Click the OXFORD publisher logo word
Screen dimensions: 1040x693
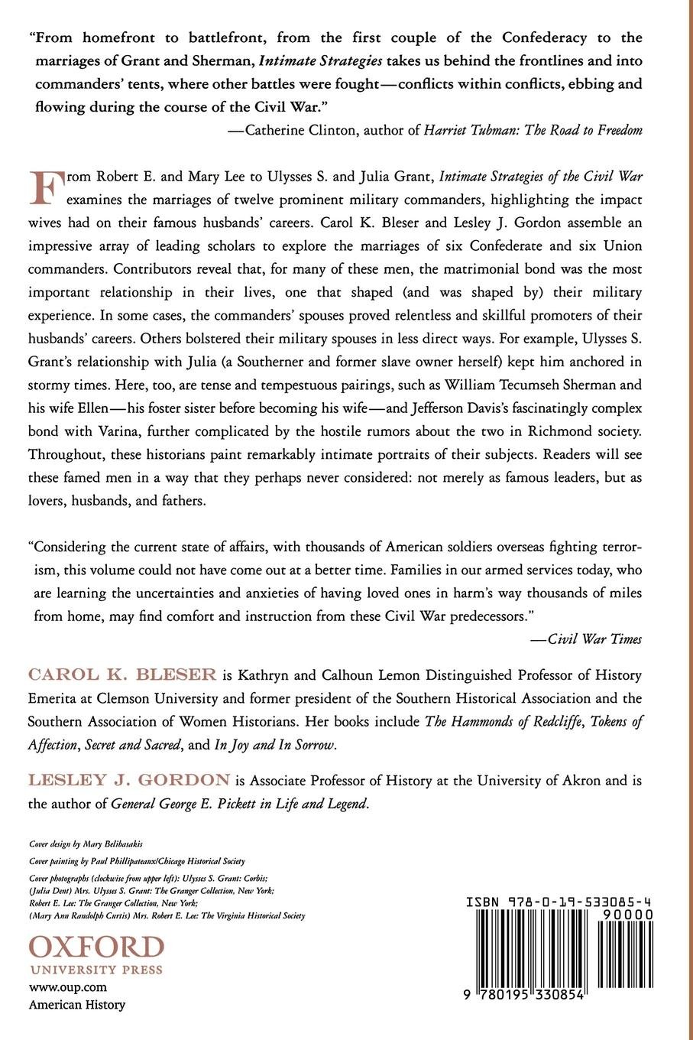coord(96,948)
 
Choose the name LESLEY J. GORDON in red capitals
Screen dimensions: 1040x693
coord(129,781)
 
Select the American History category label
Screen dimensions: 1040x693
coord(76,1005)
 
